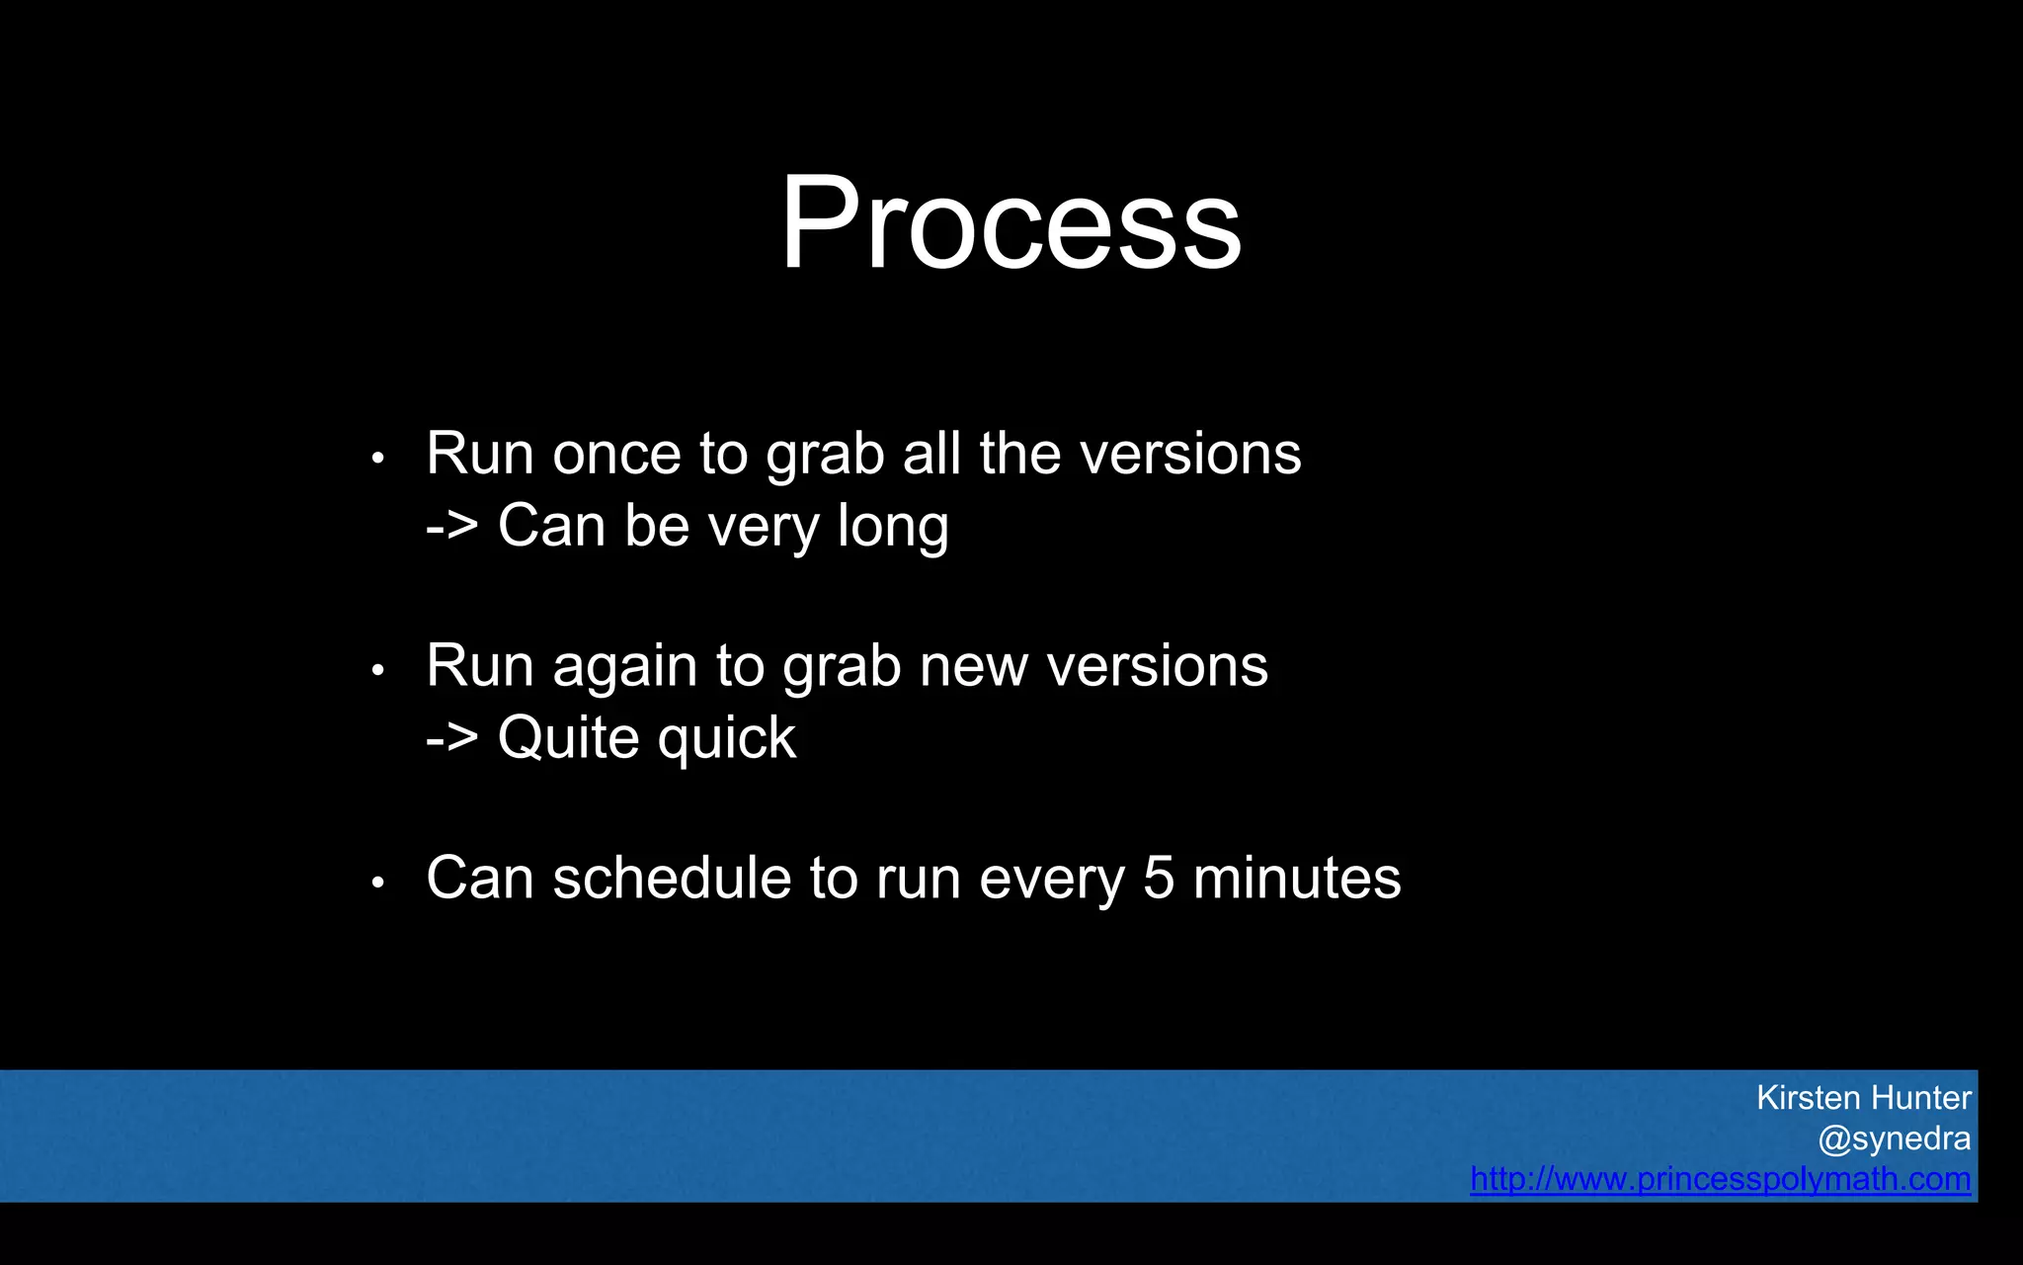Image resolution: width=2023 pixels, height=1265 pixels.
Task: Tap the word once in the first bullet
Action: pyautogui.click(x=616, y=455)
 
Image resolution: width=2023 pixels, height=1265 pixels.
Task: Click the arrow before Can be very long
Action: pyautogui.click(x=451, y=527)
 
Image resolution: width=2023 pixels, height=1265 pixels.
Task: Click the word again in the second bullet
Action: pyautogui.click(x=624, y=668)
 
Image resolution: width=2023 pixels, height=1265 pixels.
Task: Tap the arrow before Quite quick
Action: pyautogui.click(x=451, y=738)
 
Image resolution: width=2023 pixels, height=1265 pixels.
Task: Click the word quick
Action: pyautogui.click(x=727, y=739)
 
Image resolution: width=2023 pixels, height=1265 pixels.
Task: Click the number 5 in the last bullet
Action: pyautogui.click(x=1158, y=879)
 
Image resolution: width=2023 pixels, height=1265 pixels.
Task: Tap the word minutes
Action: pyautogui.click(x=1296, y=879)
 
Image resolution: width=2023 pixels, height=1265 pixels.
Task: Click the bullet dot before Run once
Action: pyautogui.click(x=377, y=459)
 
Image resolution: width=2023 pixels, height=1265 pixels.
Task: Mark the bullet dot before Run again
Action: pyautogui.click(x=377, y=671)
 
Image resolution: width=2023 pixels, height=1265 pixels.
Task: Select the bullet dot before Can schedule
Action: pyautogui.click(x=377, y=883)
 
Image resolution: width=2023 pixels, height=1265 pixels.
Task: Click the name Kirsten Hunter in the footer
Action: pyautogui.click(x=1863, y=1098)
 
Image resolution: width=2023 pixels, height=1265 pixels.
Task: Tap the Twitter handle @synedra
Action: pyautogui.click(x=1894, y=1138)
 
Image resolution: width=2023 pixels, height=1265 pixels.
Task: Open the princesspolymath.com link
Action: pyautogui.click(x=1720, y=1179)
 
